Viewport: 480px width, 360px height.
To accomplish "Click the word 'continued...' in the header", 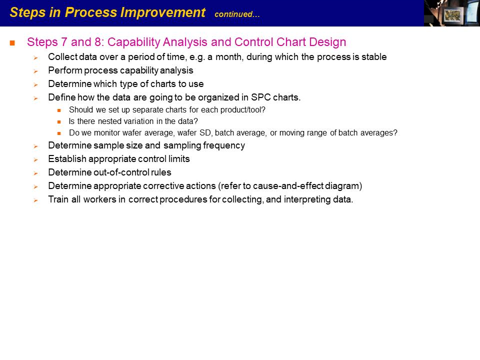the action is click(x=237, y=14).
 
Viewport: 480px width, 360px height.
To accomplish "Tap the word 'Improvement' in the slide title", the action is click(x=162, y=12).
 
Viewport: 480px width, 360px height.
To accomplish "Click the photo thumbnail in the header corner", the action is click(x=452, y=13).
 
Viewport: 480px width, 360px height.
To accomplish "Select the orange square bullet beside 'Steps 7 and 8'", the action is click(x=12, y=43).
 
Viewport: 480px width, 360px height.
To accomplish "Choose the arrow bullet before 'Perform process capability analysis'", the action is click(x=36, y=71).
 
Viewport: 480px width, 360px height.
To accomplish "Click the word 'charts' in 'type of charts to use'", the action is click(x=162, y=84).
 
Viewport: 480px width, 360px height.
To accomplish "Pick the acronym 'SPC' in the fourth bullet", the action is click(x=261, y=97).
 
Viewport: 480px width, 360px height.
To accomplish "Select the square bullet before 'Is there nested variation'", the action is click(x=59, y=122).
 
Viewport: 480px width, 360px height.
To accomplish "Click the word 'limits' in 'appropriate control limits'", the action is click(x=179, y=159).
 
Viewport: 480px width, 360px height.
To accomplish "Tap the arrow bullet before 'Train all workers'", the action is click(x=36, y=200).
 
